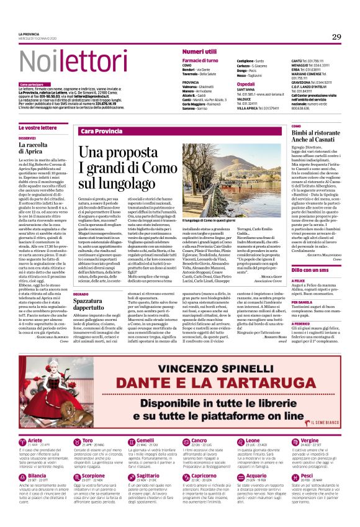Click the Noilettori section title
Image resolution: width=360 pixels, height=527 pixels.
pos(66,61)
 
